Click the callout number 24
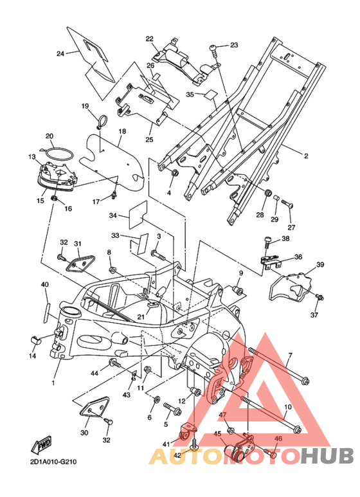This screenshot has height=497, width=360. [60, 53]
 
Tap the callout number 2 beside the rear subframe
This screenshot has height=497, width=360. [306, 156]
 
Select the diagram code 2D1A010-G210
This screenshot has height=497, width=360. [53, 462]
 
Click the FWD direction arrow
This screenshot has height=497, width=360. [41, 445]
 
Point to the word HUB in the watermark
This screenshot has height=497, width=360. [327, 456]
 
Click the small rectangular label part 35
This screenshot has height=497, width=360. [210, 95]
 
